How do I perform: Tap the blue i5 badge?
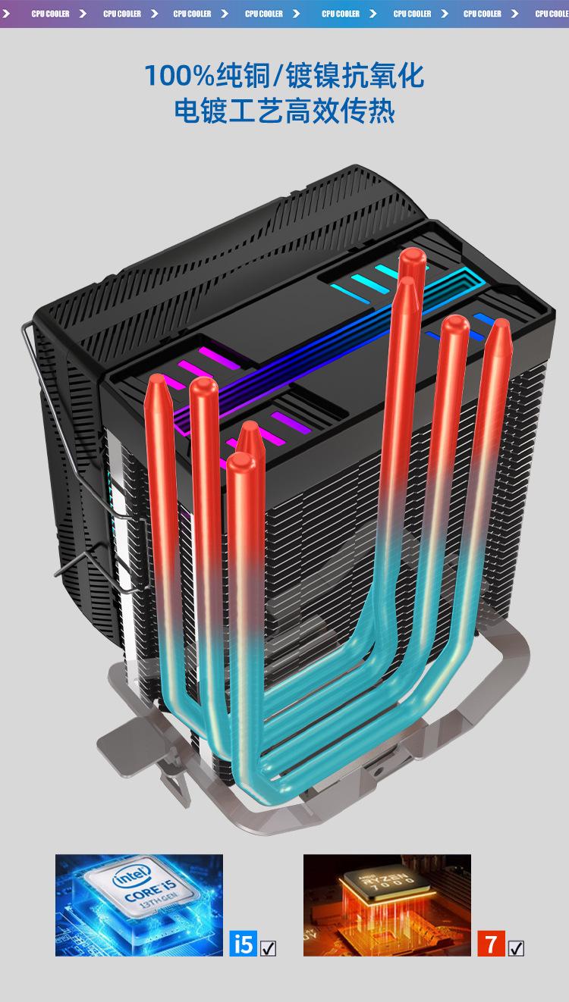coord(243,944)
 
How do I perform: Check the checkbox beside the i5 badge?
coord(268,948)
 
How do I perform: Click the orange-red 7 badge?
coord(491,944)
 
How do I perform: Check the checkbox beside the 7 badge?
coord(516,948)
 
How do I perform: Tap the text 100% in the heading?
coord(180,75)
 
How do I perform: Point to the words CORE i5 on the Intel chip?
coord(150,890)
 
